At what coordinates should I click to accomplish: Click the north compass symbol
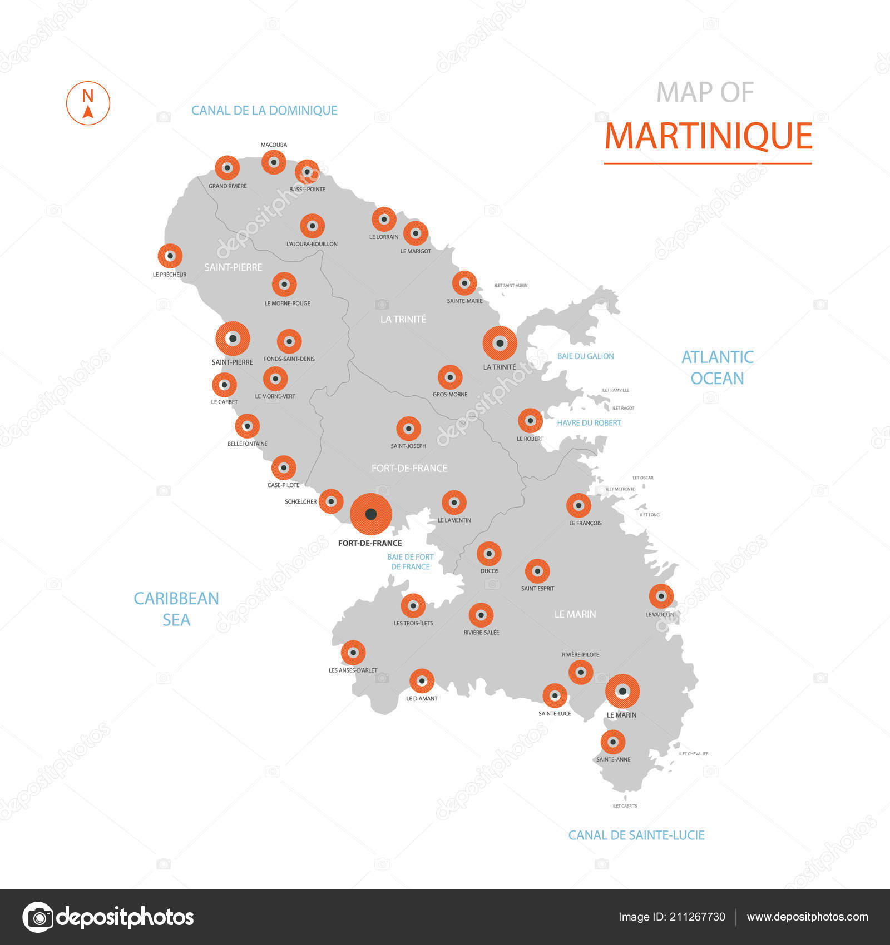(88, 103)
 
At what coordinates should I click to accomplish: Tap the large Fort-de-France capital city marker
(371, 514)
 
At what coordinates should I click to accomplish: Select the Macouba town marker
(274, 162)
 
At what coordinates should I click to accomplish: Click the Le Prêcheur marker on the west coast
(170, 256)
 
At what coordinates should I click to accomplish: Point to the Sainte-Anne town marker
(613, 742)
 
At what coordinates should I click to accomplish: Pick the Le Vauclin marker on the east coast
(661, 596)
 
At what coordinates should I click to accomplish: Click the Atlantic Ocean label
(718, 367)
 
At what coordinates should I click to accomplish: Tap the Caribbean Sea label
(176, 609)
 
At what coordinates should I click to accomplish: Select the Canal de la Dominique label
(264, 111)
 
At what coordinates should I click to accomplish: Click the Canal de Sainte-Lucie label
(636, 835)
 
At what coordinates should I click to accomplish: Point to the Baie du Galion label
(586, 356)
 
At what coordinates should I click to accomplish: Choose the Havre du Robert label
(589, 423)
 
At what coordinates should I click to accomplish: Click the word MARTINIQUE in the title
(708, 136)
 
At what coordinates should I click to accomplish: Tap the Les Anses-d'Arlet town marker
(353, 653)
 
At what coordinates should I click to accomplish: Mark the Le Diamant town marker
(422, 681)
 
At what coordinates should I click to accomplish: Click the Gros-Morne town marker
(450, 377)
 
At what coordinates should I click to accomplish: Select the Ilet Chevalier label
(694, 754)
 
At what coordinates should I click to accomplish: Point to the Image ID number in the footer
(671, 917)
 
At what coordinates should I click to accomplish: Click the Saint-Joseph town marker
(409, 429)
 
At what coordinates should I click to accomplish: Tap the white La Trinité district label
(403, 319)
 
